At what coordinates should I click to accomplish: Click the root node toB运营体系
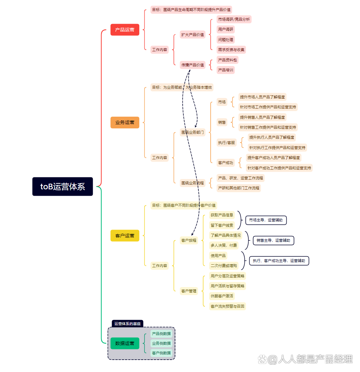pyautogui.click(x=63, y=186)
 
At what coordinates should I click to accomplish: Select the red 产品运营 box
pyautogui.click(x=125, y=30)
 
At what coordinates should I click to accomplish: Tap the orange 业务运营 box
pyautogui.click(x=125, y=122)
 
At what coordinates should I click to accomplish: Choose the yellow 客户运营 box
pyautogui.click(x=125, y=236)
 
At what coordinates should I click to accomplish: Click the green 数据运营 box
pyautogui.click(x=125, y=343)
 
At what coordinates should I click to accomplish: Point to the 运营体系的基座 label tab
pyautogui.click(x=127, y=324)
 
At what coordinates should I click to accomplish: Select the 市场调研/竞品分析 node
pyautogui.click(x=234, y=19)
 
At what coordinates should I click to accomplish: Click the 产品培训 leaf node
pyautogui.click(x=226, y=70)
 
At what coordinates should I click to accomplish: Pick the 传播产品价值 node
pyautogui.click(x=193, y=65)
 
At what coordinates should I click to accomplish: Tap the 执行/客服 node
pyautogui.click(x=227, y=143)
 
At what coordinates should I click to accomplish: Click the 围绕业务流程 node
pyautogui.click(x=193, y=183)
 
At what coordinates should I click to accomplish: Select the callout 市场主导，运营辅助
pyautogui.click(x=266, y=220)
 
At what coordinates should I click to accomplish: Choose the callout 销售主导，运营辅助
pyautogui.click(x=273, y=240)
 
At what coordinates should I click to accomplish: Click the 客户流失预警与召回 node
pyautogui.click(x=227, y=306)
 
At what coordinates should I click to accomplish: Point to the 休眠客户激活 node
pyautogui.click(x=222, y=296)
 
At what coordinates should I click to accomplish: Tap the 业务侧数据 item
pyautogui.click(x=161, y=343)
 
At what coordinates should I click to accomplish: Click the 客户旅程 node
pyautogui.click(x=189, y=240)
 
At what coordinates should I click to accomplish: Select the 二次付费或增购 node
pyautogui.click(x=224, y=266)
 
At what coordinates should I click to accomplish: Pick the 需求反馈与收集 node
pyautogui.click(x=231, y=50)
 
